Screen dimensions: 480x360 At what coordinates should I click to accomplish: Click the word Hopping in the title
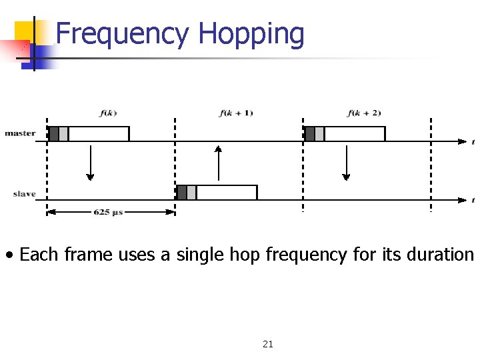click(x=251, y=35)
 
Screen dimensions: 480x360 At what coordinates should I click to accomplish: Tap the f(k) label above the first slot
click(x=108, y=113)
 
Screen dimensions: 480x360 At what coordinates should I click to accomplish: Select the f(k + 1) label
click(x=236, y=113)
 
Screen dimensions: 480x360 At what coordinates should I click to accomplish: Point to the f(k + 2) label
click(x=364, y=113)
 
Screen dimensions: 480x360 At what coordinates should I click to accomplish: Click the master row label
click(x=20, y=133)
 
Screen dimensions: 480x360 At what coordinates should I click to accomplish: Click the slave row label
click(x=24, y=194)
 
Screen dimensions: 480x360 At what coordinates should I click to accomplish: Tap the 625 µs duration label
click(x=108, y=212)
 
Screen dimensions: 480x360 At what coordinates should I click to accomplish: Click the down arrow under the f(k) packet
click(x=90, y=163)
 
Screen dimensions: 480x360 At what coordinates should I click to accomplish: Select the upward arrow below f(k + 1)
click(x=218, y=163)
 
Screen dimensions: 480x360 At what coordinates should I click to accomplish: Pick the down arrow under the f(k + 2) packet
click(x=346, y=163)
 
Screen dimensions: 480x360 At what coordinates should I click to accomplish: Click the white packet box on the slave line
click(x=227, y=193)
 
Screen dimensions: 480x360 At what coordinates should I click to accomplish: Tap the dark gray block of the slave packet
click(x=181, y=193)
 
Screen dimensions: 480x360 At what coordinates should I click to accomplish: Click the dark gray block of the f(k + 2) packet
click(x=309, y=133)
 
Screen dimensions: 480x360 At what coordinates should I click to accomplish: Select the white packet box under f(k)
click(x=99, y=133)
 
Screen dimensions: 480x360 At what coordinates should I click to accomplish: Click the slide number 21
click(x=268, y=344)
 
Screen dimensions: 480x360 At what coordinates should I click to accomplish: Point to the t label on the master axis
click(x=473, y=141)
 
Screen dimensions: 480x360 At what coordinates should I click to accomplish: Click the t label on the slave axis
click(x=473, y=200)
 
